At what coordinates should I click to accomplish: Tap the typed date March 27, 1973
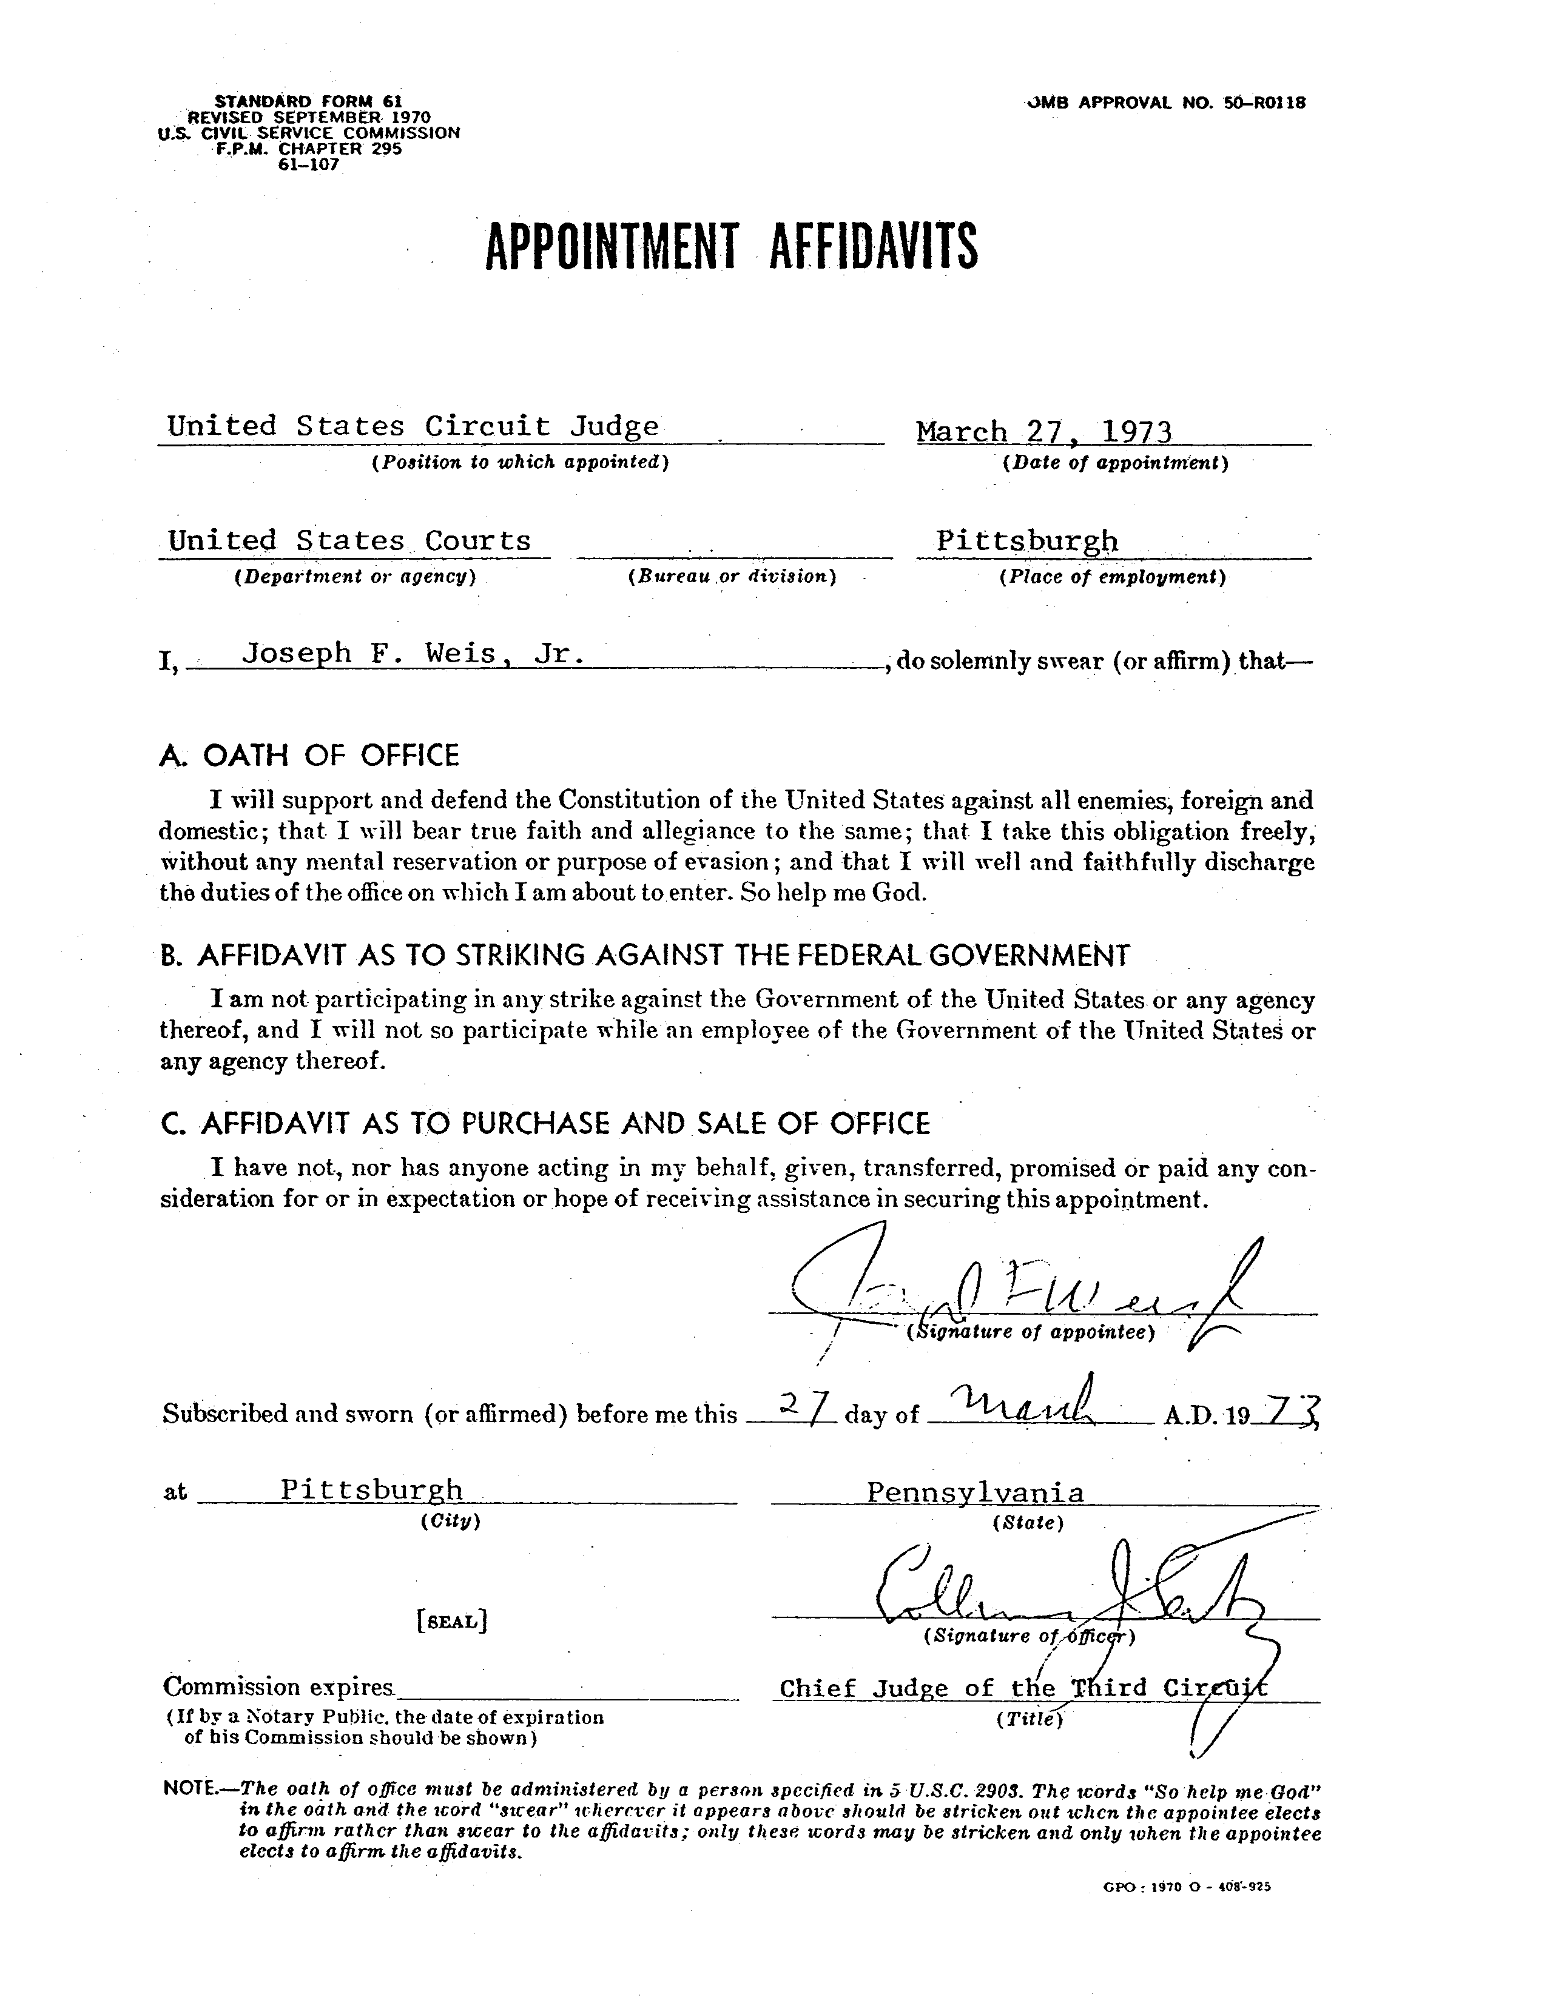1044,431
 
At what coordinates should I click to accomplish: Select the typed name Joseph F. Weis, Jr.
412,654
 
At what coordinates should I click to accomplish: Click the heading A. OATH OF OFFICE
309,756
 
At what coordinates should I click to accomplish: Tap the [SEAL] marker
451,1621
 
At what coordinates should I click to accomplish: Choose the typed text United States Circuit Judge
412,427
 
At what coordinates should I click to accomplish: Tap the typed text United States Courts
349,540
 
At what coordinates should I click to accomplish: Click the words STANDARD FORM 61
309,101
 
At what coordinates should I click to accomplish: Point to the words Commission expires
278,1687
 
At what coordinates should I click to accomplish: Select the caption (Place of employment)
1113,577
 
